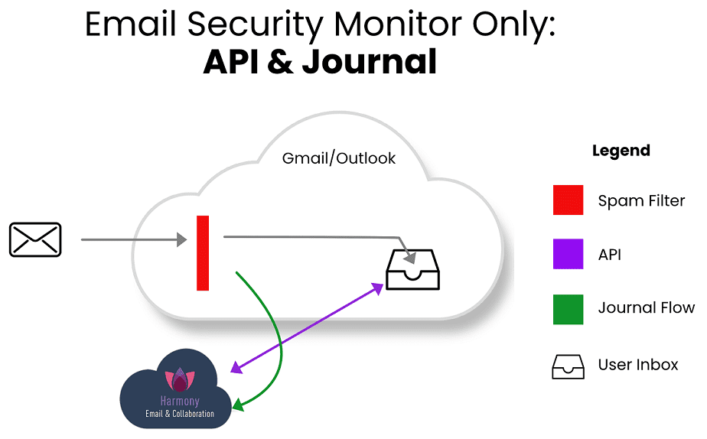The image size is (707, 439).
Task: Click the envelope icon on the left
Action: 34,239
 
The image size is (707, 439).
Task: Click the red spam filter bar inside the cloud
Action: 203,253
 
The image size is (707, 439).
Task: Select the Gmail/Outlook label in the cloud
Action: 339,158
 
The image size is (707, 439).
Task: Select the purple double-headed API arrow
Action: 306,329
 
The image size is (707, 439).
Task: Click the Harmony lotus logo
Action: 180,379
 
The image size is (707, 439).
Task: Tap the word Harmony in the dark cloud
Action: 180,401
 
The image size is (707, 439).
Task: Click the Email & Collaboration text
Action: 180,414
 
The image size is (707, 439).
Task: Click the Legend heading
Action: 621,151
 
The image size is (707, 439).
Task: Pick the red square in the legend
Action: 568,200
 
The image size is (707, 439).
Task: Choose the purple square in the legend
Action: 568,255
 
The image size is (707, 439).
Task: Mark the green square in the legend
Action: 568,309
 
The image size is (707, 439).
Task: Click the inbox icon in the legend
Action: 568,365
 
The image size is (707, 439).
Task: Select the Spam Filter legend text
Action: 641,201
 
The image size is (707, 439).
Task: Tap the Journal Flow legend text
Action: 646,308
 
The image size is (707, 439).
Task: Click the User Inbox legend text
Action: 637,364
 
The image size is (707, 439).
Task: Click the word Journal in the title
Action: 369,61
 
